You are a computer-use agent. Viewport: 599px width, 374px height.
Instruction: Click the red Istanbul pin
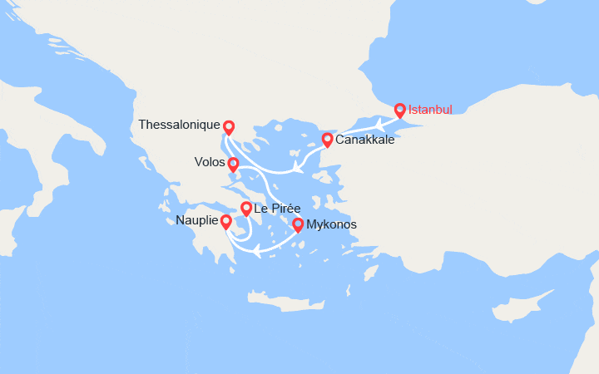tap(399, 110)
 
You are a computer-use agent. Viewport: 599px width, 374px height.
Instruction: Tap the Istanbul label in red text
tap(430, 110)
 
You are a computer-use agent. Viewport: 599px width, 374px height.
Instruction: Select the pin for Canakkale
tap(328, 139)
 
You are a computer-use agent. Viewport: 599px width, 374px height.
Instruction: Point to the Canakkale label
tap(365, 140)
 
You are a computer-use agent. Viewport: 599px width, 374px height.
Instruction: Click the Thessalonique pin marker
tap(229, 127)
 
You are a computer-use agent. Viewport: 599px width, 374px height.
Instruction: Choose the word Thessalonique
tap(178, 125)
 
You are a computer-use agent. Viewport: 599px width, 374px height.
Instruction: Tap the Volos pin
tap(234, 164)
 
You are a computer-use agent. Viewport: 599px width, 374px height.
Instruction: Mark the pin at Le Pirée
tap(246, 208)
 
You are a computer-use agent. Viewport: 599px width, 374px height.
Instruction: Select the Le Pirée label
tap(278, 208)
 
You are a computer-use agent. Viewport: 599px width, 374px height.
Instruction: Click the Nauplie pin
tap(225, 221)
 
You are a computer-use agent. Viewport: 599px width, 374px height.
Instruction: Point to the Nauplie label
tap(196, 221)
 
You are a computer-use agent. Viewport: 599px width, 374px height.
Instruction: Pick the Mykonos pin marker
tap(298, 224)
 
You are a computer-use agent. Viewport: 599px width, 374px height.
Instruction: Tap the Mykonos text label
tap(331, 224)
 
